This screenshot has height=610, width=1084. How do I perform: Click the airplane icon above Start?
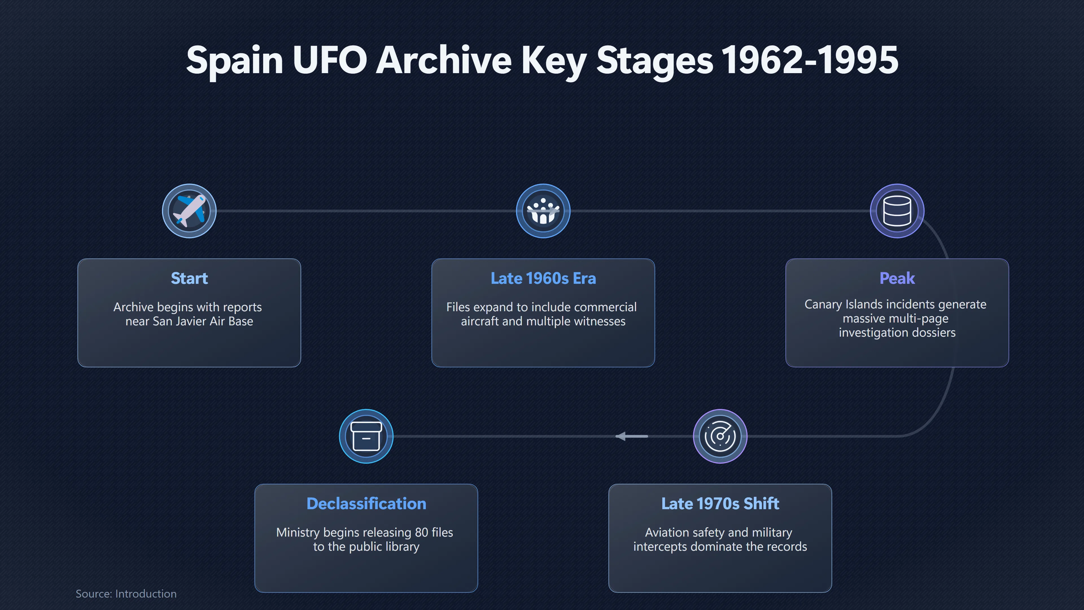tap(189, 210)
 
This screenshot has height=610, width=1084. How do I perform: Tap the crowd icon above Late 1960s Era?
tap(543, 210)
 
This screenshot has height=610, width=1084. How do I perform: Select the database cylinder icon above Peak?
tap(897, 210)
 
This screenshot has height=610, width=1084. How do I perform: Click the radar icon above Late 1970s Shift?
tap(720, 436)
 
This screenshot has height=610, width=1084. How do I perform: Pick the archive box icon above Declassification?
tap(366, 436)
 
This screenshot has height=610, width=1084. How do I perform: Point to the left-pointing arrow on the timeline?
tap(632, 436)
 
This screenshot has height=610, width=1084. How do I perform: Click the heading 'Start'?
tap(189, 278)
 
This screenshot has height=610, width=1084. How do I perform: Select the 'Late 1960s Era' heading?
tap(543, 278)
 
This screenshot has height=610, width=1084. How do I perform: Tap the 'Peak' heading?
tap(897, 278)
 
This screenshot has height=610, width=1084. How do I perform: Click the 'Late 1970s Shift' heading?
tap(720, 504)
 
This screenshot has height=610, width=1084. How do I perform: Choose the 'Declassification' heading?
tap(366, 504)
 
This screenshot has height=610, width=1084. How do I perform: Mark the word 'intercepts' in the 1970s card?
tap(661, 546)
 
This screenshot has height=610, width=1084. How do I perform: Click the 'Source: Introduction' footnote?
tap(126, 594)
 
